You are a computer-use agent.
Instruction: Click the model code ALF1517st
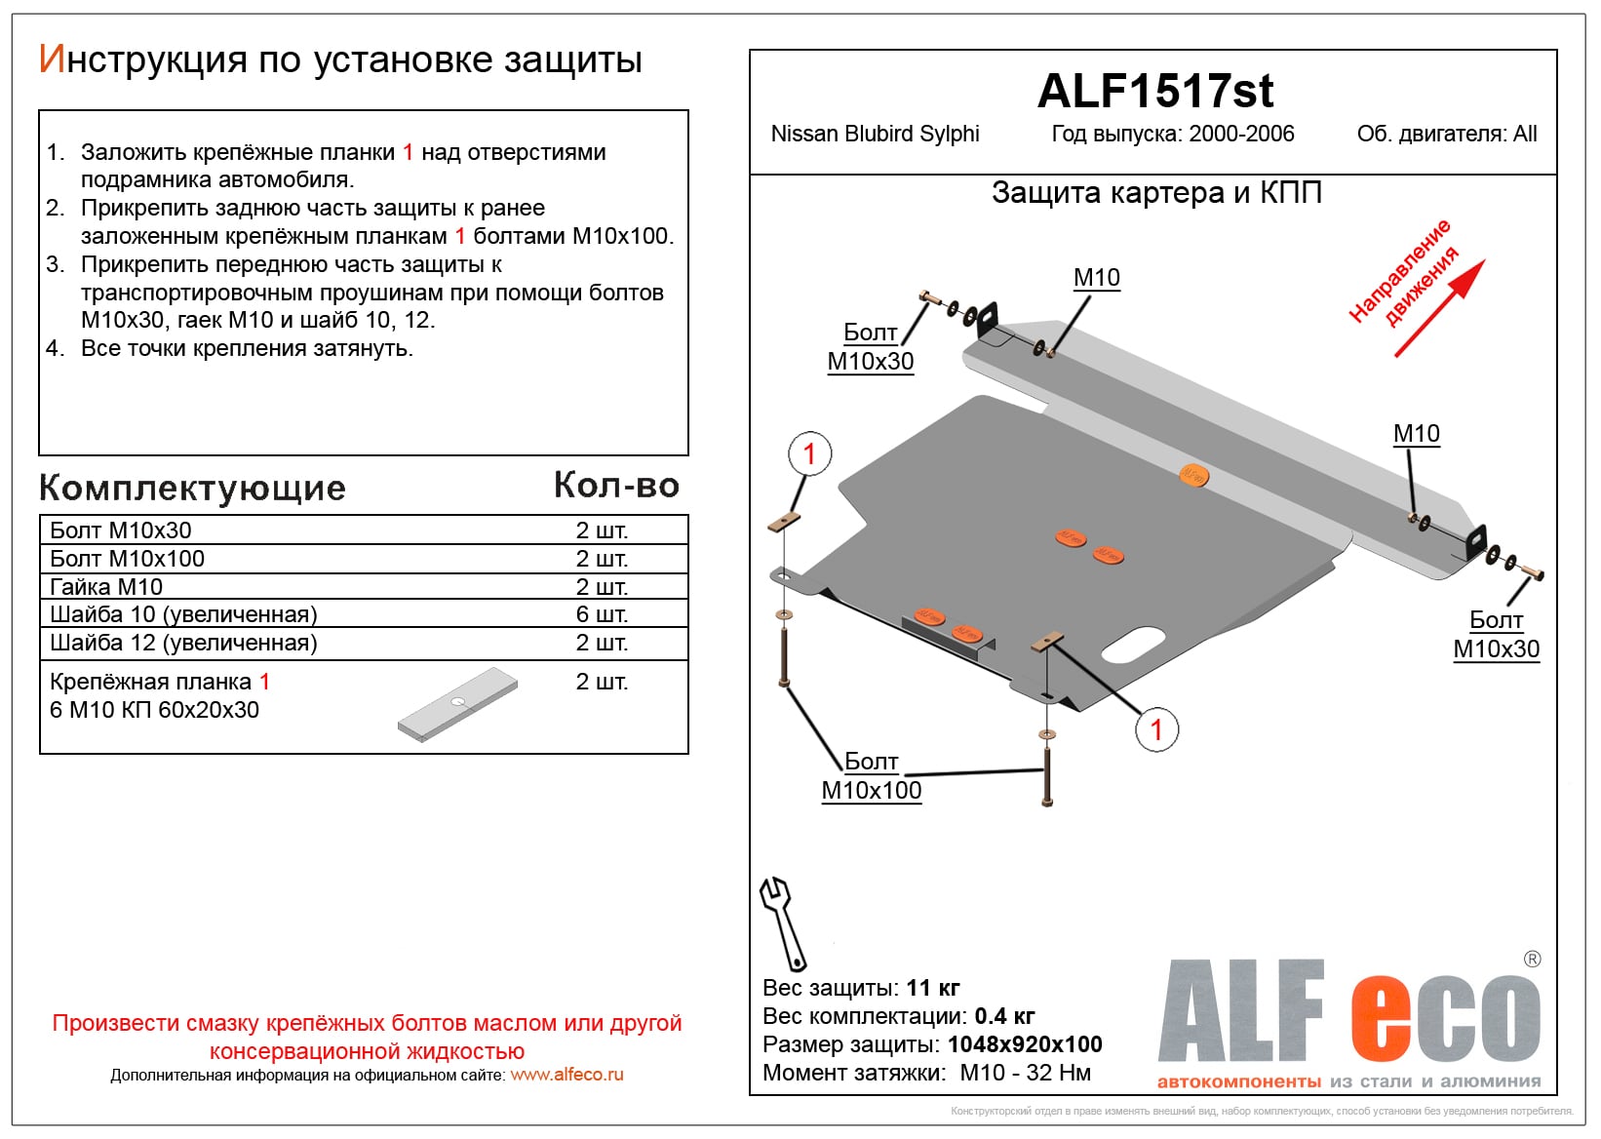1154,92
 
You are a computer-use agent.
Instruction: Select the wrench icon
782,923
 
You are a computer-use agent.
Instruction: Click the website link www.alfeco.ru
566,1075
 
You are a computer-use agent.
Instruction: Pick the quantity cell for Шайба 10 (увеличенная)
602,614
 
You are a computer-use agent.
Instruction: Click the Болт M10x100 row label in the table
128,559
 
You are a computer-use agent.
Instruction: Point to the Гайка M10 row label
106,587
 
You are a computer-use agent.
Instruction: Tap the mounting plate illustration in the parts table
457,704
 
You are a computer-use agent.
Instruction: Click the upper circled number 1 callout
809,453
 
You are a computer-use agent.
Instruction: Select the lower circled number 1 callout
1156,729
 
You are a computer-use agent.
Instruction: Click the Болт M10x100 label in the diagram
872,776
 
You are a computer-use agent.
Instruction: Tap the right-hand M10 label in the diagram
1416,434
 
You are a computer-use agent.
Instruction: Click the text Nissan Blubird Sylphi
875,135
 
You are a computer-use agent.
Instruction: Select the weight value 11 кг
933,988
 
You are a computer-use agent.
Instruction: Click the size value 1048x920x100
1025,1044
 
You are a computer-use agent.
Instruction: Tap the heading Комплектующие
192,488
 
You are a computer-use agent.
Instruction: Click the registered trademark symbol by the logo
1532,960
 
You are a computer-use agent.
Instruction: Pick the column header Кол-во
616,486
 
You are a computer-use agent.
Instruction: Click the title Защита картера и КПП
1156,193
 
